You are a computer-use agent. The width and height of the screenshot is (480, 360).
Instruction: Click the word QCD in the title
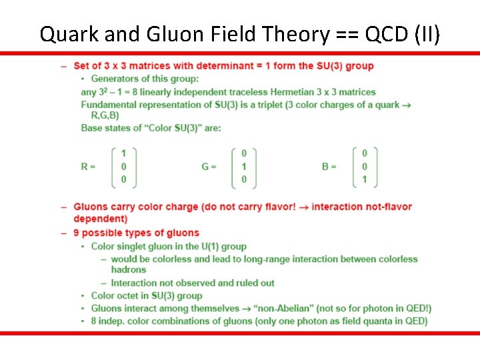coord(381,33)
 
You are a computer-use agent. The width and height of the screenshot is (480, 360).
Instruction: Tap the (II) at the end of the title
coord(427,33)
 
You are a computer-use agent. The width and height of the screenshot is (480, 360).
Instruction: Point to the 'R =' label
coord(88,167)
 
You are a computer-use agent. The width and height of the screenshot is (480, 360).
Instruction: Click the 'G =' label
coord(209,167)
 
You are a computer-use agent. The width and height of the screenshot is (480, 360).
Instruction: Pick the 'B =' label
coord(329,167)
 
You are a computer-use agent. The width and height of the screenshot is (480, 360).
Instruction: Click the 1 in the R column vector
coord(124,154)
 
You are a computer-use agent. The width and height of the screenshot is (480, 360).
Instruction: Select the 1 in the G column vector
coord(244,167)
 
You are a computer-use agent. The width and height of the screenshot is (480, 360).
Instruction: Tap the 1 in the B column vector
coord(365,179)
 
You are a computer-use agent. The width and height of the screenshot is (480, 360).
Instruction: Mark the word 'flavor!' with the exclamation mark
coord(280,207)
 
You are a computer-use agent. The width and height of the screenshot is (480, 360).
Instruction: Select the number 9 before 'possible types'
coord(77,233)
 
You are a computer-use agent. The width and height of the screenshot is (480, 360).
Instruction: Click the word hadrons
coord(129,270)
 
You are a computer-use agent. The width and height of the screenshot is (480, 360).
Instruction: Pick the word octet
coord(133,295)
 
